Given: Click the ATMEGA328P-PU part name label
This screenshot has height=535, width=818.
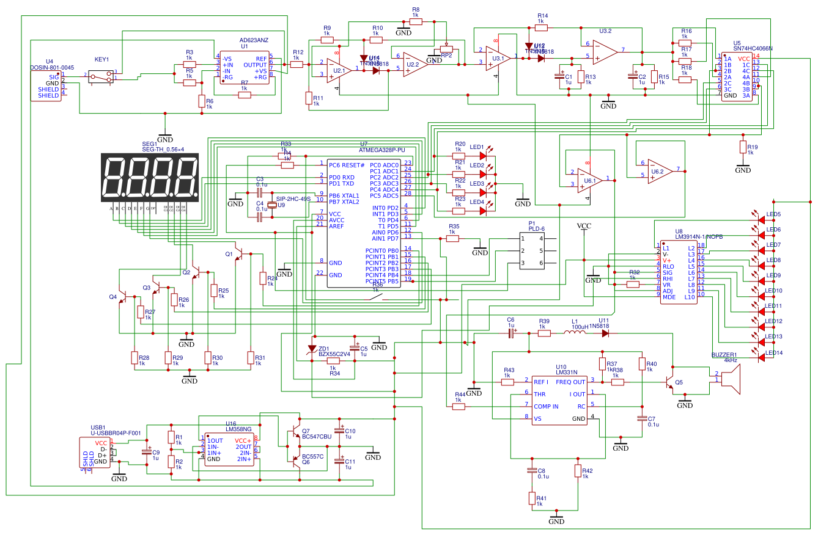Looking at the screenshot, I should pos(381,150).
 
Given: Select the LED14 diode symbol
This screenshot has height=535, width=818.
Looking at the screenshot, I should pos(761,357).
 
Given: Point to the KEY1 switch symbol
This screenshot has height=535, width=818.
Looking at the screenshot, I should pos(101,76).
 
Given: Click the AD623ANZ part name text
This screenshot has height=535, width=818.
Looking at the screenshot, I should pos(253,40).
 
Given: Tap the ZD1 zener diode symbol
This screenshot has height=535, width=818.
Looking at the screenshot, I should pos(312,349).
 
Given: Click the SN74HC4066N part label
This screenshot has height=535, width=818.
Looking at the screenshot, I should pos(753,48).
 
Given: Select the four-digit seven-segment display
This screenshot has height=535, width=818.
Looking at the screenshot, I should pos(150,178).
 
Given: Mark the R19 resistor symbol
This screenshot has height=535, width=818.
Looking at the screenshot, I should pos(743,147).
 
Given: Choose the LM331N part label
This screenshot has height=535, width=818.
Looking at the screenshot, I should pos(567,372).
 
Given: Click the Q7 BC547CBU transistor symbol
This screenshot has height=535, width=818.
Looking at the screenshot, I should pos(297,430).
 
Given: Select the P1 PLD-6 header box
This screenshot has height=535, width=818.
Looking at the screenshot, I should pos(532,251).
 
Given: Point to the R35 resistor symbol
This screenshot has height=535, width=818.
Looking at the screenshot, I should pos(452,239).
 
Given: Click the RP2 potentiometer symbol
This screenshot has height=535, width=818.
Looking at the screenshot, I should pos(446,51).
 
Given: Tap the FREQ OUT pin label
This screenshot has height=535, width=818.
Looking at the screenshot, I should pos(570,382).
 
